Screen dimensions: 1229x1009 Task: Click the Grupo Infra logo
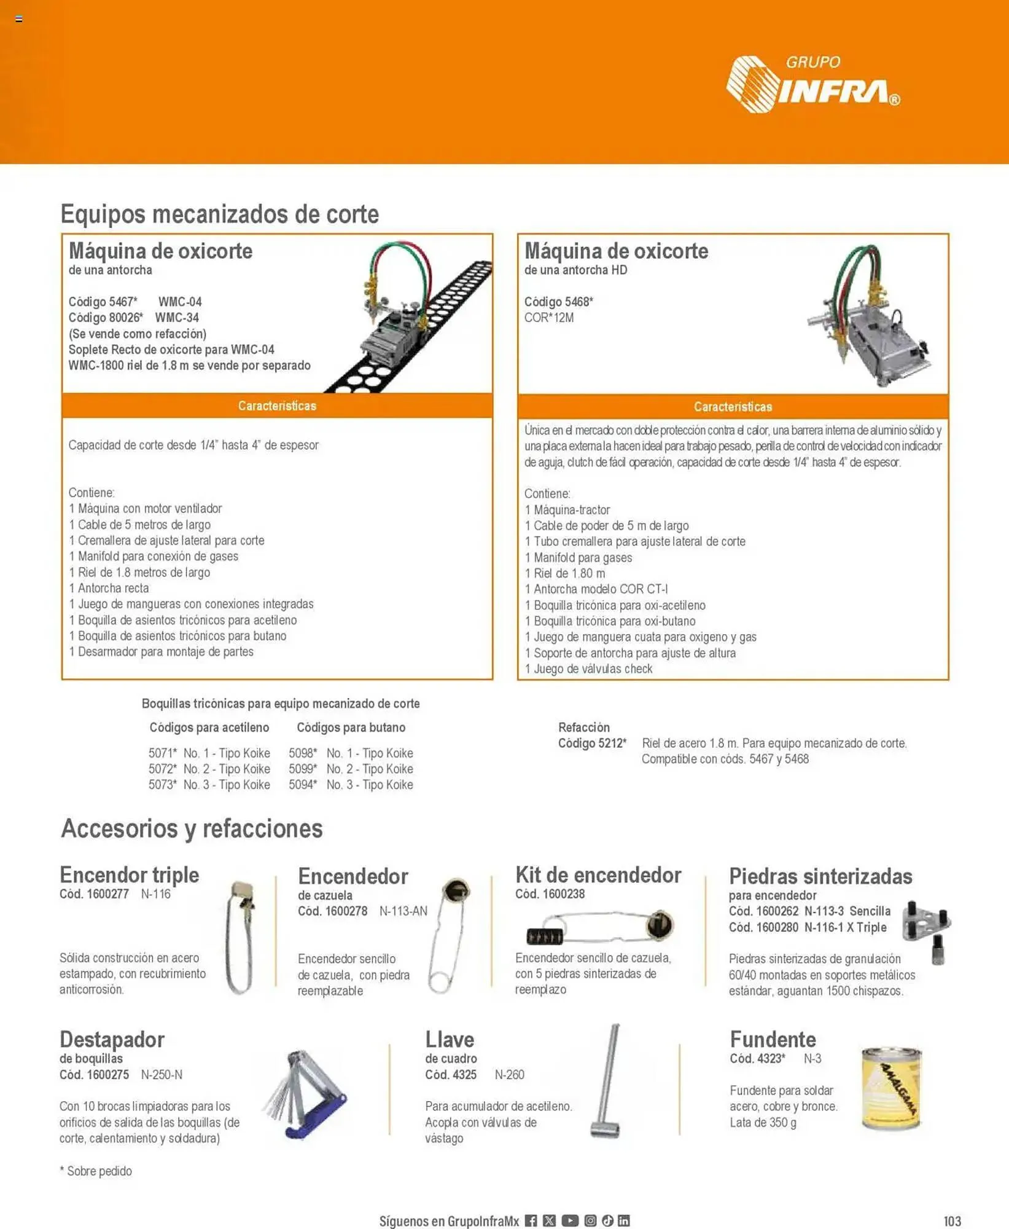click(812, 85)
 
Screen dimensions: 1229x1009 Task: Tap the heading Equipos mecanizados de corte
click(219, 214)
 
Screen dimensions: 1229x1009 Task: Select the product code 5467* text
click(103, 302)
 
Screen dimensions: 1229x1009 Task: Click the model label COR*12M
click(548, 318)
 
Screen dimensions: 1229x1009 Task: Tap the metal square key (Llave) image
click(607, 1082)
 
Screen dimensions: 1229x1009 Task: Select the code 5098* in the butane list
click(303, 753)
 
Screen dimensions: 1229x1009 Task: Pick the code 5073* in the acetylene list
click(162, 785)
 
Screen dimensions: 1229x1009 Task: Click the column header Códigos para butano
click(351, 728)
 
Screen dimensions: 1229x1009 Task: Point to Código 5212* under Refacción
click(592, 744)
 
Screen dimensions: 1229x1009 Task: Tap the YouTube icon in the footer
click(570, 1220)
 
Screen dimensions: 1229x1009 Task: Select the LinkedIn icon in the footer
click(624, 1220)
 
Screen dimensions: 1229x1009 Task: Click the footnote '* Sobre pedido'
click(96, 1171)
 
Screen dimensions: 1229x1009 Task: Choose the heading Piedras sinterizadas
click(820, 876)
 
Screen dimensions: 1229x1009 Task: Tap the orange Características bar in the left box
click(277, 406)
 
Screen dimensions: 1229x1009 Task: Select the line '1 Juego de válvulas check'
click(588, 669)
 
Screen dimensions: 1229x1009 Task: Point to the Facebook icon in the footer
click(531, 1220)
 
